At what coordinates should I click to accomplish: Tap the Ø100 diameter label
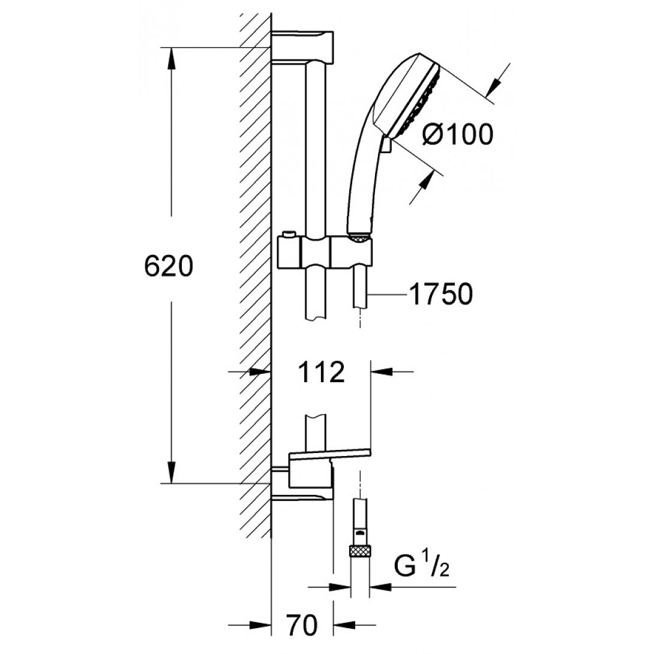(458, 134)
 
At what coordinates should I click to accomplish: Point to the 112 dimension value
(322, 371)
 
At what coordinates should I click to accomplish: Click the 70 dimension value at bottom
(302, 625)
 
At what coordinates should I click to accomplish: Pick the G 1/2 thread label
(422, 566)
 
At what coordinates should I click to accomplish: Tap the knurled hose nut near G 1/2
(359, 551)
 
